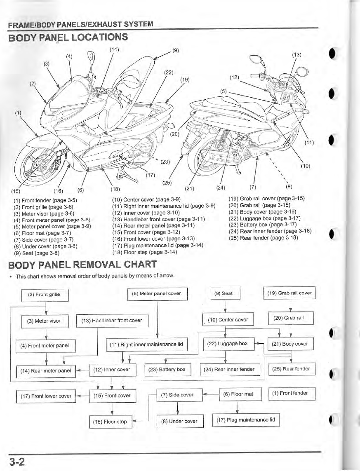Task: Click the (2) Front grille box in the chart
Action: tap(45, 294)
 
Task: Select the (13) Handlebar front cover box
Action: tap(112, 320)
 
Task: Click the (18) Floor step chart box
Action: tap(112, 422)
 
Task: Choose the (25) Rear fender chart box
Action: tap(292, 368)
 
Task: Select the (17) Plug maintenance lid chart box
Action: tap(246, 420)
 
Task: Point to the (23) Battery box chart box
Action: tap(169, 369)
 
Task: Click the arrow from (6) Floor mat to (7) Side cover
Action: tap(211, 394)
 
